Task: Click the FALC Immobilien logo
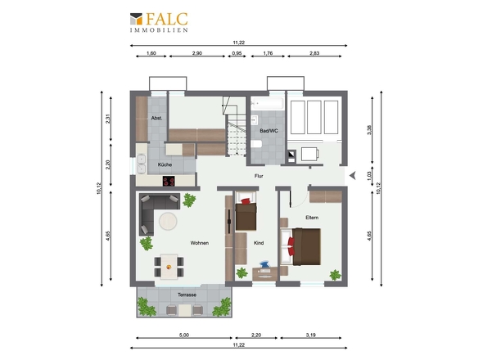tap(159, 22)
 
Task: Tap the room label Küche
tap(165, 164)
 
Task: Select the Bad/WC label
tap(269, 131)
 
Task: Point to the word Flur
tap(259, 176)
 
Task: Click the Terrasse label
tap(187, 295)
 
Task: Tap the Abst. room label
tap(156, 118)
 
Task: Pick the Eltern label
tap(312, 218)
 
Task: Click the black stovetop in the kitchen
tap(169, 181)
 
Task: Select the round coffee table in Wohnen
tap(168, 221)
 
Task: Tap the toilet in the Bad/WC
tap(256, 144)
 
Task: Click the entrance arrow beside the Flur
tap(353, 176)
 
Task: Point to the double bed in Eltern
tap(300, 246)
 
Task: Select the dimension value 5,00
tap(184, 335)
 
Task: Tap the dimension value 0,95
tap(237, 53)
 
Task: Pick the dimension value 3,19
tap(311, 335)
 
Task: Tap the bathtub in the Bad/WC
tap(267, 103)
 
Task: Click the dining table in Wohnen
tap(169, 267)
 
